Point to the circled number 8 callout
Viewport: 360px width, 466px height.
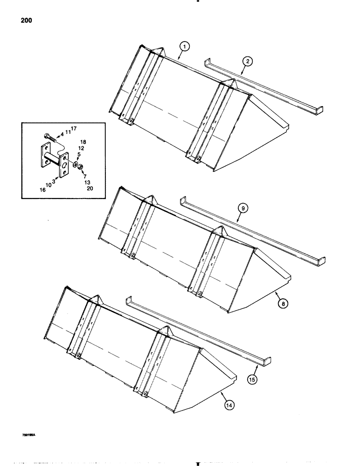point(283,303)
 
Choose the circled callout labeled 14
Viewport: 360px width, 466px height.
point(229,405)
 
